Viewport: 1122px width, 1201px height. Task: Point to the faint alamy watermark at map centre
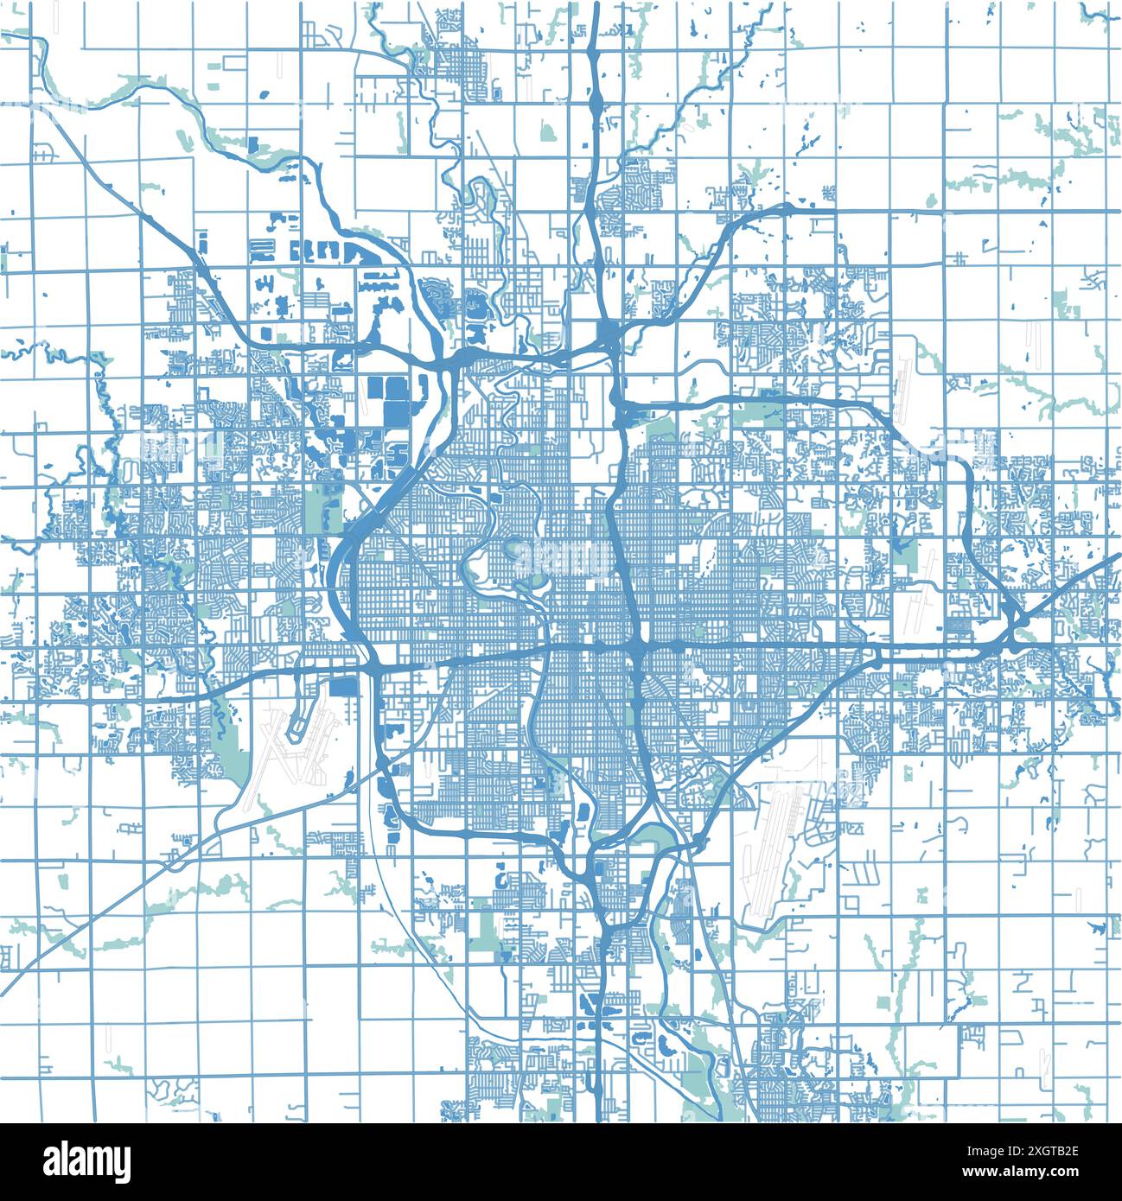coord(562,562)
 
